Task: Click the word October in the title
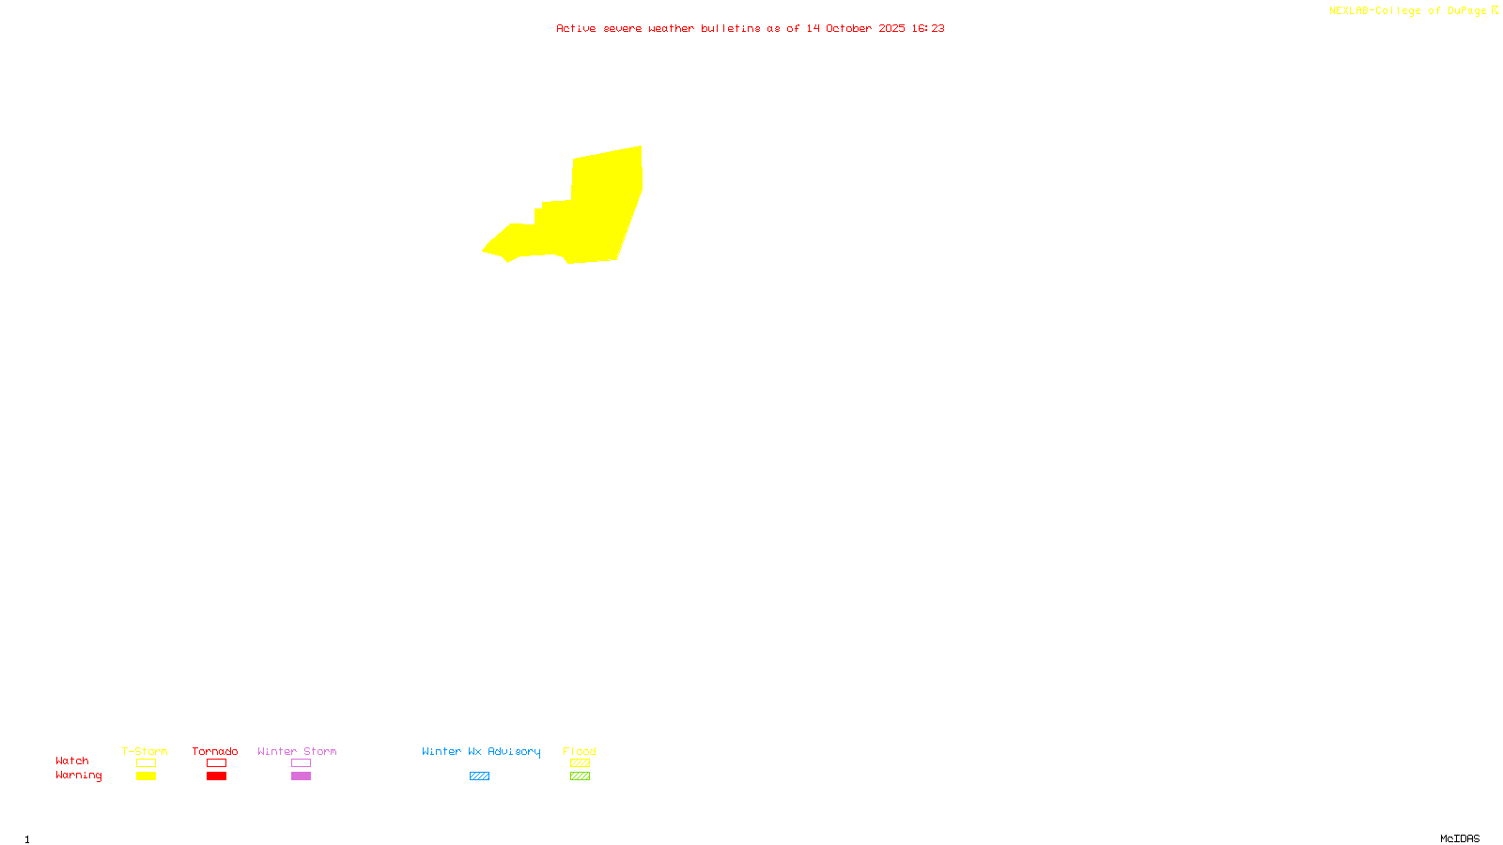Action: coord(848,28)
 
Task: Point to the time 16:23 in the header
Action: coord(927,28)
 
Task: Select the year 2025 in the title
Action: coord(891,28)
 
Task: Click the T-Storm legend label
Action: coord(145,751)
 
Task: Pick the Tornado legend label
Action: coord(215,751)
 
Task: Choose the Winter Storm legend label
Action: coord(297,751)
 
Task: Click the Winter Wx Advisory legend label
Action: coord(481,751)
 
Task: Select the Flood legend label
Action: coord(580,751)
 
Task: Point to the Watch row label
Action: coord(72,760)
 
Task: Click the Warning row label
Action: coord(79,776)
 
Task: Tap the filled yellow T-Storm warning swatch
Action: coord(146,776)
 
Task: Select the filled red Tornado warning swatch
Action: coord(216,776)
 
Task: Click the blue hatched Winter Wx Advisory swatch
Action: coord(479,776)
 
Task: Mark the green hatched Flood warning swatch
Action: coord(580,776)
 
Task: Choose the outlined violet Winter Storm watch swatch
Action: coord(301,763)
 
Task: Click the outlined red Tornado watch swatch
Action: coord(216,763)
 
